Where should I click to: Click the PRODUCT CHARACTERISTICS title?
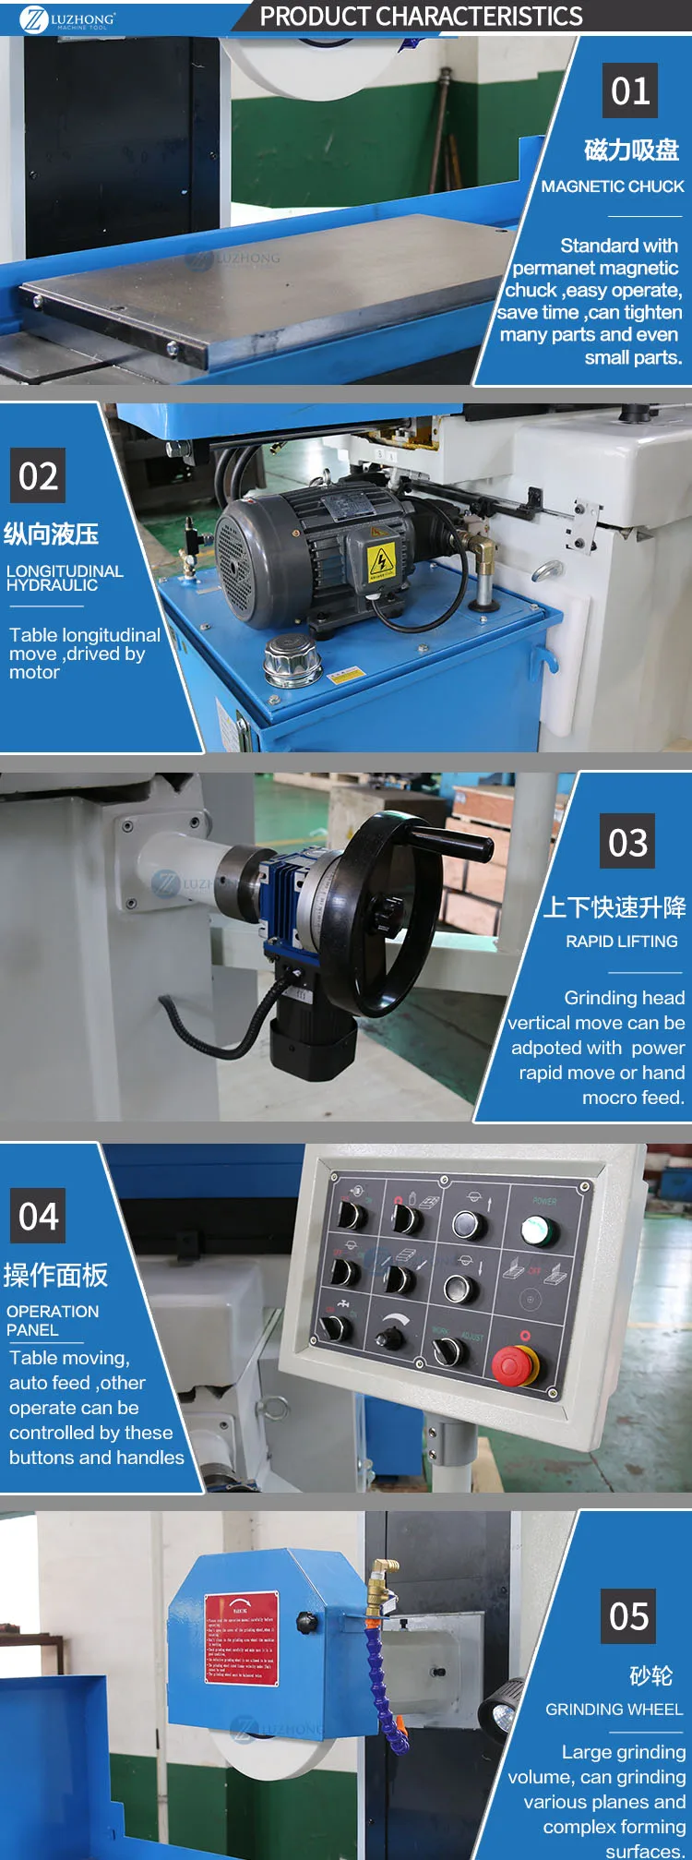point(421,17)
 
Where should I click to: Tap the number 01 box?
point(629,90)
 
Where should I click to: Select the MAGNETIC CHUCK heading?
point(613,186)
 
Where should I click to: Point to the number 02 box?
point(38,476)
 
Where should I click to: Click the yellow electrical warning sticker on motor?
point(381,560)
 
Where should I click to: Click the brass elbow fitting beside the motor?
point(479,551)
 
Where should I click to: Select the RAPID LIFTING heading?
point(621,942)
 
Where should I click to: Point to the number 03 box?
point(627,842)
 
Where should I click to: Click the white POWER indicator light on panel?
point(538,1230)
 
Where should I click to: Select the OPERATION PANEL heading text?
point(52,1320)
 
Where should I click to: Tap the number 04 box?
point(38,1216)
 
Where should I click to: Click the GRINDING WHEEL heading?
point(614,1710)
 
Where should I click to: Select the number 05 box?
point(628,1616)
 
